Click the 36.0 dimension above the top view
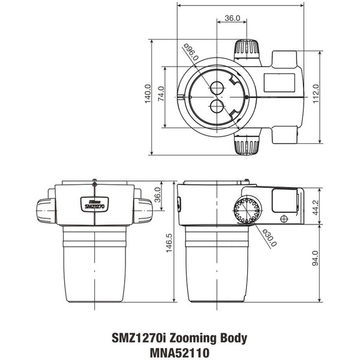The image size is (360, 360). coord(232,19)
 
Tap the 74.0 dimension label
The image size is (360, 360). coord(161,96)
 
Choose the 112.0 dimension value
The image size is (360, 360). coord(315,94)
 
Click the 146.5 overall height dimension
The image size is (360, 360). coord(169,242)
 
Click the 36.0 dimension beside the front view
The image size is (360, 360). coord(158,196)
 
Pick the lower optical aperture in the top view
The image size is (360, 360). coord(217,107)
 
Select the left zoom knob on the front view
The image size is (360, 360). coord(46,211)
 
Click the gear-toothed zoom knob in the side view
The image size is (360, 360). coord(248,210)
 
